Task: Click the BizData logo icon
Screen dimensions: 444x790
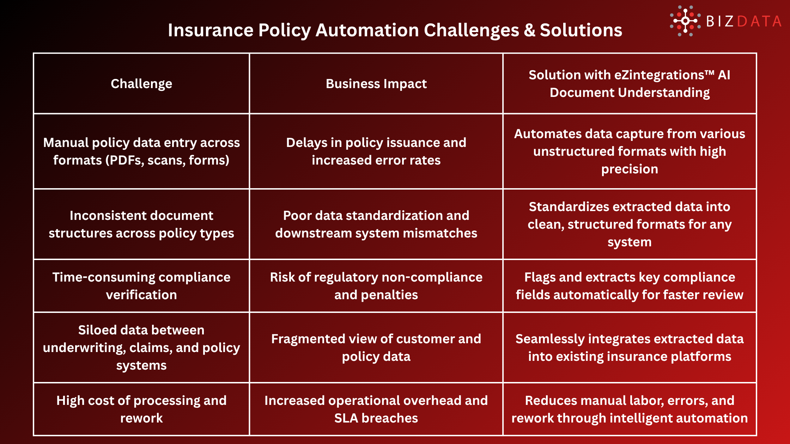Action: (x=685, y=21)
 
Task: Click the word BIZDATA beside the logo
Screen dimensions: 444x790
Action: (x=743, y=21)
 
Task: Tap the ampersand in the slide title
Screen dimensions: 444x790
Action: (x=529, y=30)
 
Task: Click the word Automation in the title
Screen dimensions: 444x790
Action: (x=367, y=30)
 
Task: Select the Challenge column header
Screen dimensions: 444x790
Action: (x=141, y=84)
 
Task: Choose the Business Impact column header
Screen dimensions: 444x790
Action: (x=376, y=84)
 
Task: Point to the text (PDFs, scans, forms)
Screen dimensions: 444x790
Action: (x=167, y=160)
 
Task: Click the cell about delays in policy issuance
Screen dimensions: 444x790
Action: (x=376, y=152)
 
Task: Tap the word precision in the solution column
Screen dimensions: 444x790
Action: (x=630, y=169)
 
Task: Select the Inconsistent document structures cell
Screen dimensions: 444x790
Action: (x=141, y=224)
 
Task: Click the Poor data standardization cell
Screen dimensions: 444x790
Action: (x=376, y=224)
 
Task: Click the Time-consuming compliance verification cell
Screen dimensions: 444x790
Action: (x=141, y=286)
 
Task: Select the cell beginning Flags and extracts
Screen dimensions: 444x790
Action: (x=630, y=286)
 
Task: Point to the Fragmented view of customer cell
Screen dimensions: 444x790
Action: (x=376, y=347)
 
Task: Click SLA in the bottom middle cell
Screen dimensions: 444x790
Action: (x=346, y=418)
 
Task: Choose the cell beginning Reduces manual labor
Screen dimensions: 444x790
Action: (x=630, y=409)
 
